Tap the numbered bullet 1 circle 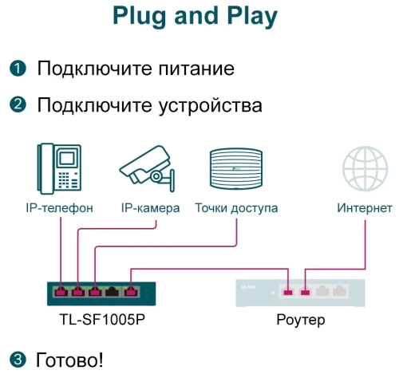pyautogui.click(x=18, y=69)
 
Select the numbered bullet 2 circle pyautogui.click(x=18, y=105)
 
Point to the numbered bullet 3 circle pyautogui.click(x=18, y=359)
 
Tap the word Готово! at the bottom pyautogui.click(x=70, y=359)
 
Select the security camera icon pyautogui.click(x=148, y=170)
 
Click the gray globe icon pyautogui.click(x=364, y=168)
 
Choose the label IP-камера pyautogui.click(x=150, y=208)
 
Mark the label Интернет pyautogui.click(x=364, y=208)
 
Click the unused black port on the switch pyautogui.click(x=114, y=291)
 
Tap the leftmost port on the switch pyautogui.click(x=60, y=291)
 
